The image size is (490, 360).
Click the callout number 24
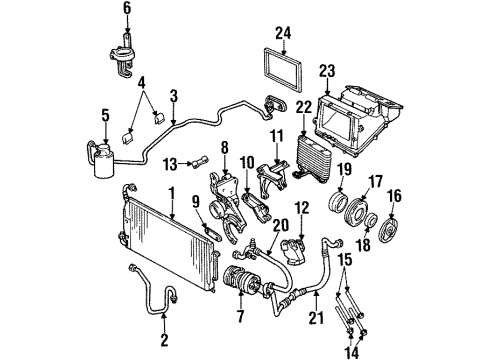[283, 34]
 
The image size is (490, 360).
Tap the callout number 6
[127, 8]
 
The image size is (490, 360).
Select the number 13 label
[170, 164]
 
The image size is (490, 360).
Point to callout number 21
[316, 317]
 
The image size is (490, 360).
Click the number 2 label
[164, 340]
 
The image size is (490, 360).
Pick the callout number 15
[345, 259]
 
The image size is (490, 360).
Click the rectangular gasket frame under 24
[283, 70]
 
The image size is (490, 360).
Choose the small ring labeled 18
[370, 221]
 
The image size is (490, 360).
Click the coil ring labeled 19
[339, 203]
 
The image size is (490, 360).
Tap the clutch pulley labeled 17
[356, 213]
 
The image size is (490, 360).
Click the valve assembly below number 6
[123, 56]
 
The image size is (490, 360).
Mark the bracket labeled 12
[295, 252]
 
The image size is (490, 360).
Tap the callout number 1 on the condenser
[172, 195]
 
